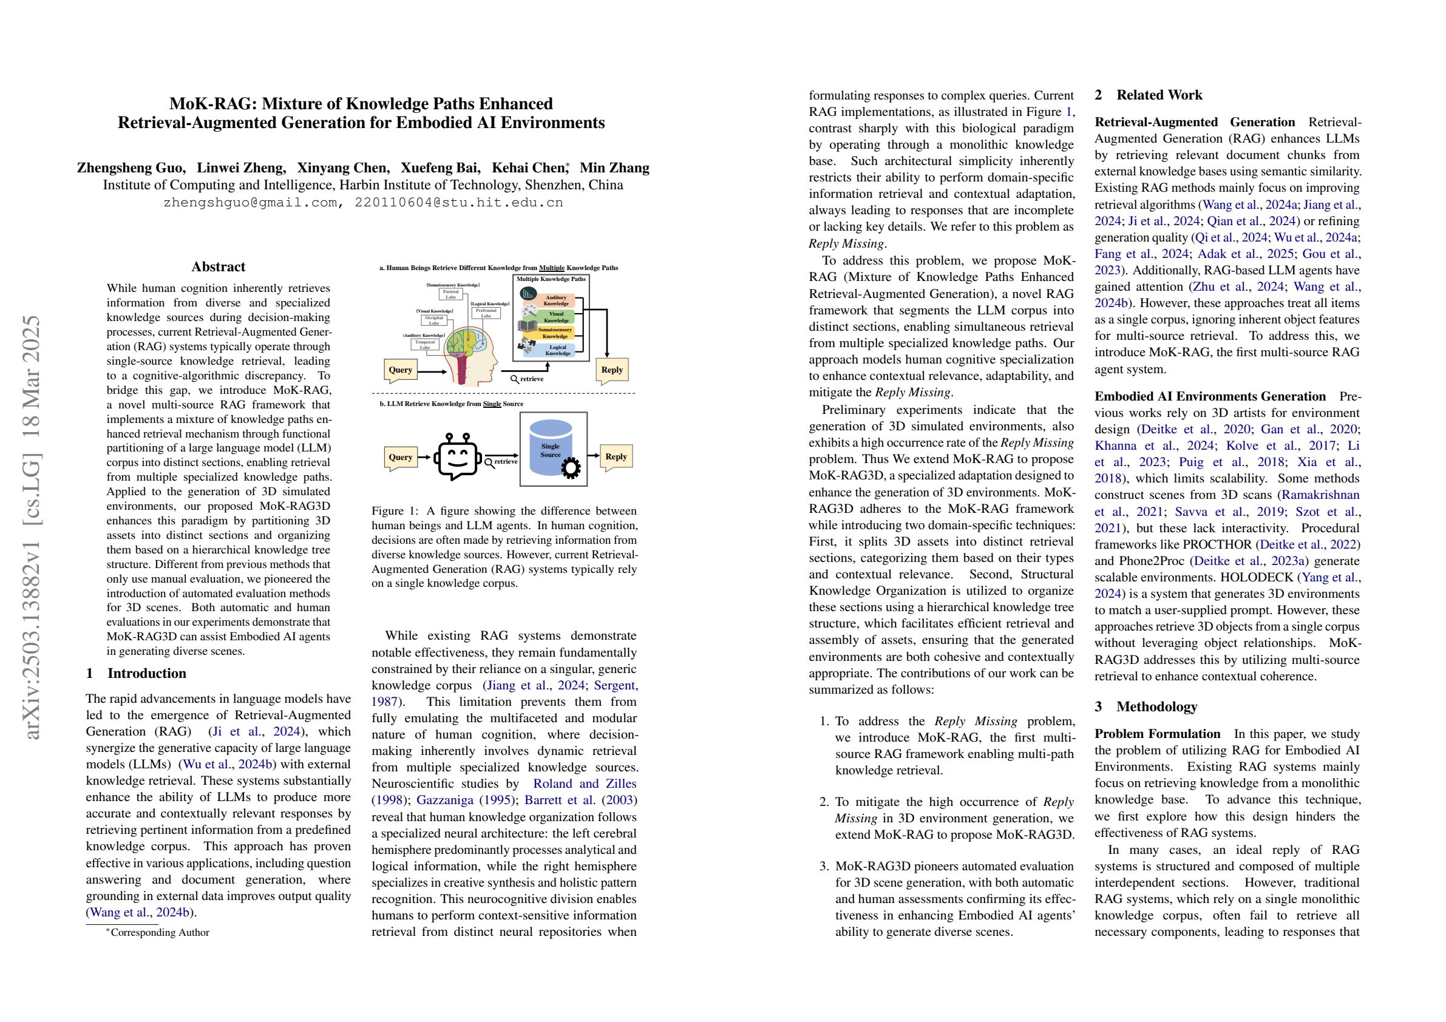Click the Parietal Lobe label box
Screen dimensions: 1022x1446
(450, 294)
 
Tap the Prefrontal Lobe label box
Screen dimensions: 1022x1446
(486, 313)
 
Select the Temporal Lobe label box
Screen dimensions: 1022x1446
(424, 345)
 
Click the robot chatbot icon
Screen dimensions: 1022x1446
(457, 456)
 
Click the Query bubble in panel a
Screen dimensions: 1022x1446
(401, 370)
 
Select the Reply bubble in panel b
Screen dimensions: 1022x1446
(616, 457)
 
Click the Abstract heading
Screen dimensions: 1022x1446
(218, 267)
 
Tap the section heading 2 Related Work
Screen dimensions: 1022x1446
(1148, 95)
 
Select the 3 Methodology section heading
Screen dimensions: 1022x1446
(1146, 706)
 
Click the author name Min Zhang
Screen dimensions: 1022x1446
(614, 168)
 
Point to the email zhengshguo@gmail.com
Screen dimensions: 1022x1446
(250, 203)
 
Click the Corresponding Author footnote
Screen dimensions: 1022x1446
(159, 933)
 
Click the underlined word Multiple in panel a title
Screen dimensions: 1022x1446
(551, 268)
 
